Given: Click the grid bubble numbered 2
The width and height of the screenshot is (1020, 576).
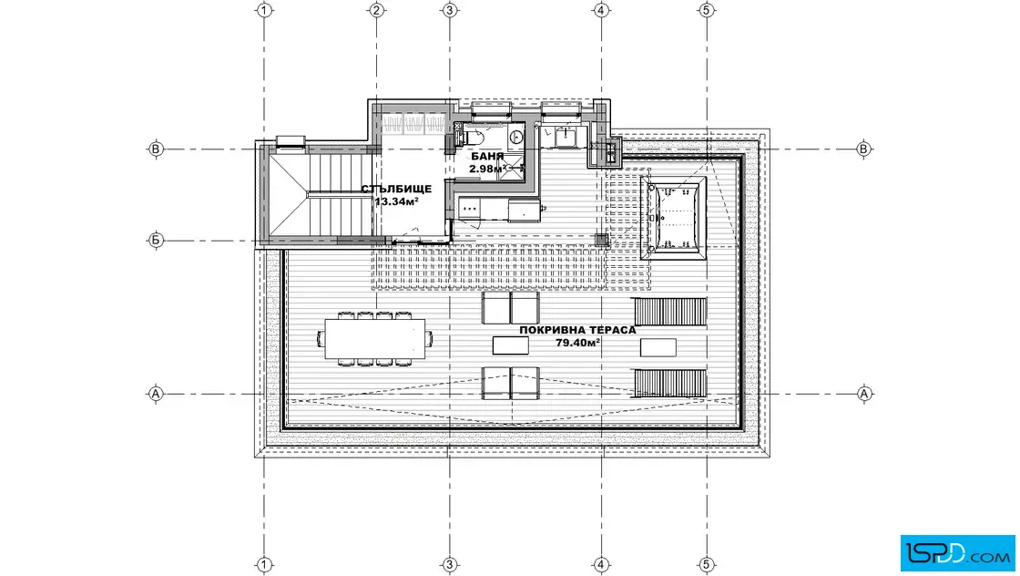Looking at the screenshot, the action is (377, 10).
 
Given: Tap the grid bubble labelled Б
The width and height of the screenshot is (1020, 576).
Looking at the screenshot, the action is (156, 241).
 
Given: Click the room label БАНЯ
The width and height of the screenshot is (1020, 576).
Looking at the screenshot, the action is (487, 156).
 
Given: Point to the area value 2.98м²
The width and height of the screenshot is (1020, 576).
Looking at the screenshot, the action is (488, 169).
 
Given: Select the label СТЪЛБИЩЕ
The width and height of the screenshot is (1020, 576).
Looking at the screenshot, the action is (396, 189).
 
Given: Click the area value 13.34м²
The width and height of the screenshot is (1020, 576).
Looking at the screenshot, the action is (396, 201).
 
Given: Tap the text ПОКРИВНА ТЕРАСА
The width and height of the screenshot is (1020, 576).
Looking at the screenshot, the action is (577, 330).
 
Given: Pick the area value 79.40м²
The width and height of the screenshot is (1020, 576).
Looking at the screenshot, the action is (577, 343).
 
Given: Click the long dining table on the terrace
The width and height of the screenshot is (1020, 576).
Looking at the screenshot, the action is (374, 339).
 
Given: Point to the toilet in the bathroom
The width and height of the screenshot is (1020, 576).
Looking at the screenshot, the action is (474, 138).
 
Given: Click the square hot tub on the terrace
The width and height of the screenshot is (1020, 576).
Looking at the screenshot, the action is (673, 218).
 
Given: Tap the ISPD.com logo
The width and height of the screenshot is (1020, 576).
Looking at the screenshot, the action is (957, 553).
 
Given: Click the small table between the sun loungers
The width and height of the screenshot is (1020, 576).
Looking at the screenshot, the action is (658, 347).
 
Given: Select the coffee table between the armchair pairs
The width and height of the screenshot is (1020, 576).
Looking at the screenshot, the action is (511, 345).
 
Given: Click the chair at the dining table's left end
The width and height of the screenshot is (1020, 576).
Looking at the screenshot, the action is (321, 339).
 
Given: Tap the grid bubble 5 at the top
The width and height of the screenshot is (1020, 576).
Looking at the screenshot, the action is (707, 10).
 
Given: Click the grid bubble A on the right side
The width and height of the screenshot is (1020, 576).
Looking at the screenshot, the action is (864, 394).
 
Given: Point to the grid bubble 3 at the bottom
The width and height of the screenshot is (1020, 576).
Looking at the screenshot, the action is (450, 564).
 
